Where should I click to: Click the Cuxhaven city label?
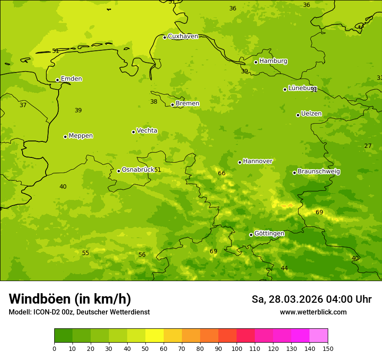click(183, 36)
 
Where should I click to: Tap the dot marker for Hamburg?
click(256, 62)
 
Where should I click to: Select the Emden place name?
click(71, 79)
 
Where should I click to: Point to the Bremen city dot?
click(172, 105)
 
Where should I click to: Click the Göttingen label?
click(269, 234)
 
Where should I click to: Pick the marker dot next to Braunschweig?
click(294, 173)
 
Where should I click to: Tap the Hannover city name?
click(257, 161)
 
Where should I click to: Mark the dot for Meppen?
click(65, 137)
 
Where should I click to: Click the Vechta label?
click(147, 131)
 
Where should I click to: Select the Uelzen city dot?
click(298, 115)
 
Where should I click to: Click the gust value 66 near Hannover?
click(222, 173)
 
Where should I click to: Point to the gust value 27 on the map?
click(368, 146)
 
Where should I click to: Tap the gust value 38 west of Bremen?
click(154, 102)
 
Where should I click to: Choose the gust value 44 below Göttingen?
click(284, 268)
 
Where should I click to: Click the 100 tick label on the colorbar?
click(237, 349)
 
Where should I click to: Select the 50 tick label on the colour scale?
click(145, 349)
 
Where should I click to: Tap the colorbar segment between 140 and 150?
click(319, 336)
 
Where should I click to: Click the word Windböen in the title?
click(39, 299)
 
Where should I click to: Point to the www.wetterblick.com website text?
click(313, 312)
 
